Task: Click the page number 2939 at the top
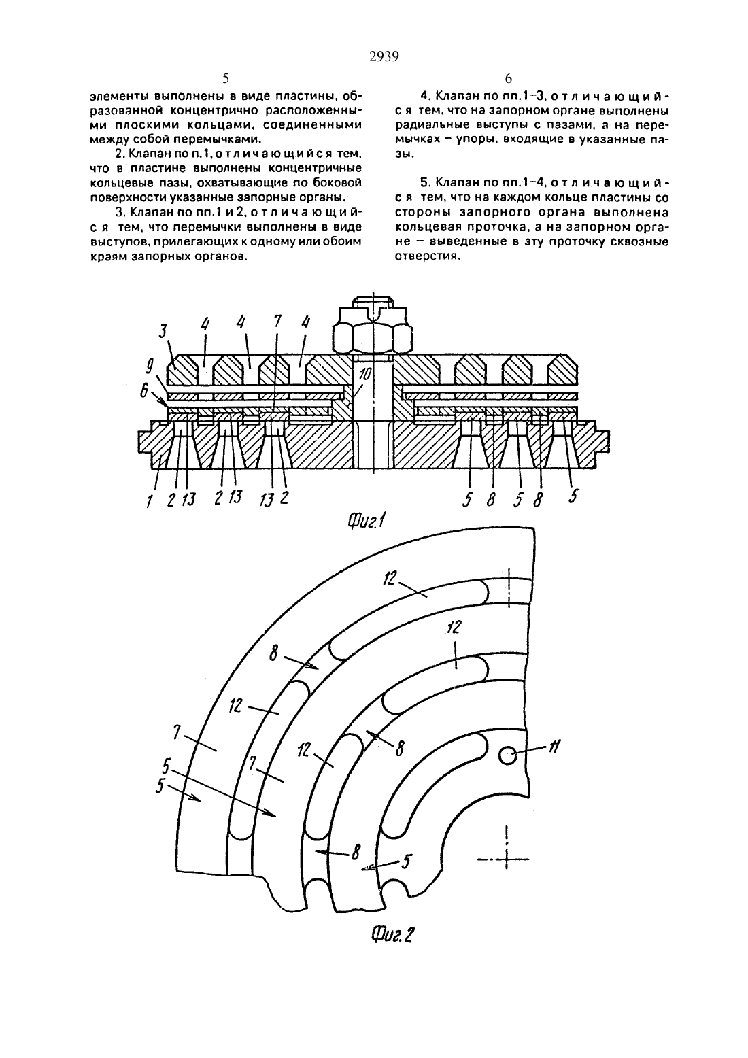(384, 57)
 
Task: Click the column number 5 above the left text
(225, 78)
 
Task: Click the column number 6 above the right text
(508, 78)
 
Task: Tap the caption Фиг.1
(366, 522)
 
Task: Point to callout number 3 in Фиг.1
(163, 331)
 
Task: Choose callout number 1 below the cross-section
(150, 501)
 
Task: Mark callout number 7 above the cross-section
(277, 322)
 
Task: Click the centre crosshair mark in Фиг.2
(507, 859)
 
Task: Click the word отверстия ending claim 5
(427, 256)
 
